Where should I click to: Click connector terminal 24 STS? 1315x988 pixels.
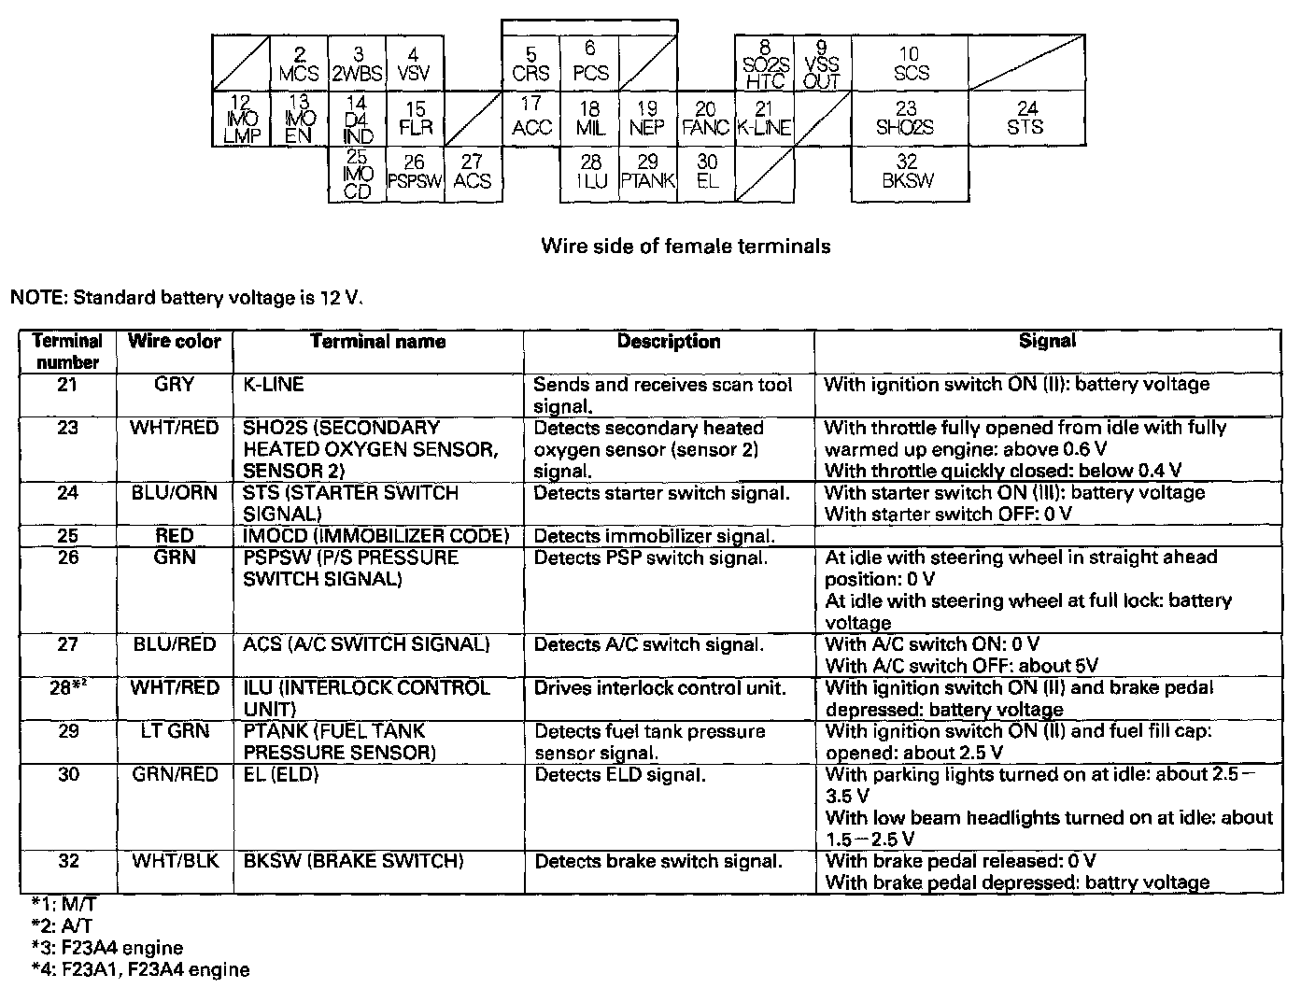[1026, 119]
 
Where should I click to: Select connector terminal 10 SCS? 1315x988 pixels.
[910, 64]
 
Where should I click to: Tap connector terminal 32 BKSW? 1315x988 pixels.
[908, 173]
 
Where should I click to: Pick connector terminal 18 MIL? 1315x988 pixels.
[589, 119]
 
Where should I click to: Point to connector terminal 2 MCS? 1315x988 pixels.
[299, 64]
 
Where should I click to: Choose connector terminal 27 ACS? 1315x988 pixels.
[473, 173]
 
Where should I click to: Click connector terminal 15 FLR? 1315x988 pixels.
[416, 119]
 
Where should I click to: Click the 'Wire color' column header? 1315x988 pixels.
[175, 342]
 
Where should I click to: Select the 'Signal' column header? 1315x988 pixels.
[1047, 342]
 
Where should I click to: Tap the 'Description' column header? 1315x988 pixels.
[669, 342]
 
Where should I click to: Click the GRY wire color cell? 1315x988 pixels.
[175, 385]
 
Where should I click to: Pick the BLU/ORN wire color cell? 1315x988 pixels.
[175, 493]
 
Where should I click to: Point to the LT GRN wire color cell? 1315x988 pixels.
[175, 731]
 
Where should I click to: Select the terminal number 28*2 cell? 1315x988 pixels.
[68, 688]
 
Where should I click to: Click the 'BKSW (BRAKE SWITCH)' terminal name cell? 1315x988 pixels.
[353, 861]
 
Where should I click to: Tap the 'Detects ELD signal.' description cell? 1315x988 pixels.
[619, 775]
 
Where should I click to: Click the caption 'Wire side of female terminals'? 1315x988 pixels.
[686, 247]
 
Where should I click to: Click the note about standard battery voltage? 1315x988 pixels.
[185, 299]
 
